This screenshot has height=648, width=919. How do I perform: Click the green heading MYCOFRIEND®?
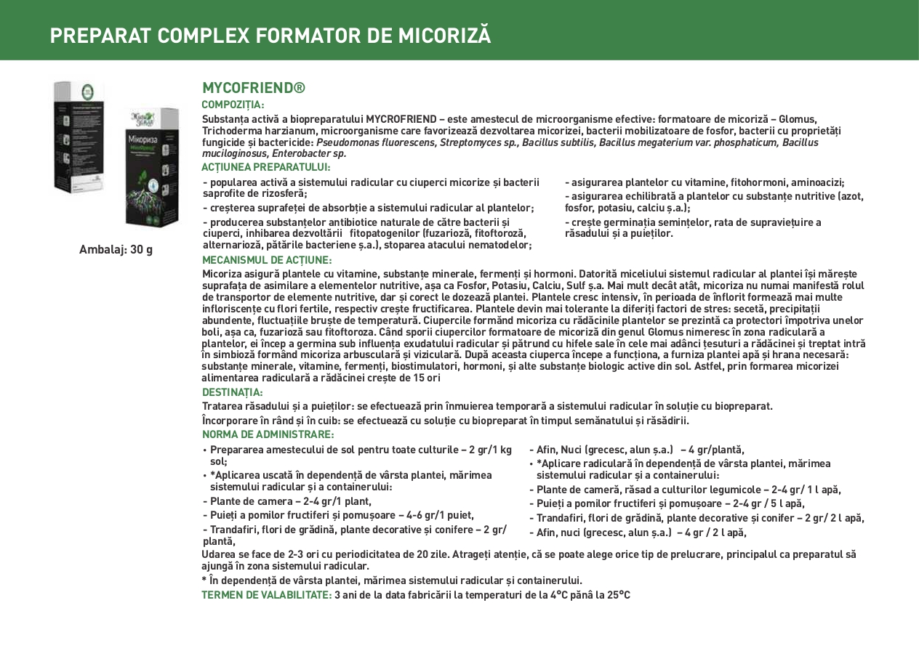click(253, 89)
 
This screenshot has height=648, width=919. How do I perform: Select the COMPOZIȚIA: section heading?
click(233, 105)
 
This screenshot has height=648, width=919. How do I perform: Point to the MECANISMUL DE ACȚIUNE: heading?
click(267, 260)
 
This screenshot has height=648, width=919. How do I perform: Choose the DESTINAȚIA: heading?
click(233, 392)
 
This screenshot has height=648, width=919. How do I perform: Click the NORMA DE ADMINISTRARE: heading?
click(268, 434)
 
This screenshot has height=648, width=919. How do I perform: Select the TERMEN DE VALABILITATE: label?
click(266, 595)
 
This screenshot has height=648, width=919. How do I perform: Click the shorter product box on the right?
click(151, 167)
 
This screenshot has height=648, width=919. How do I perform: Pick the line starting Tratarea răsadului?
click(487, 406)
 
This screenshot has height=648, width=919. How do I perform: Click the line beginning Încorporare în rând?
click(445, 421)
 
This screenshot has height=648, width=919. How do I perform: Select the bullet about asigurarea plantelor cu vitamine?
click(705, 183)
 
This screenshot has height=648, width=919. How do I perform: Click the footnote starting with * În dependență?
click(392, 580)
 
